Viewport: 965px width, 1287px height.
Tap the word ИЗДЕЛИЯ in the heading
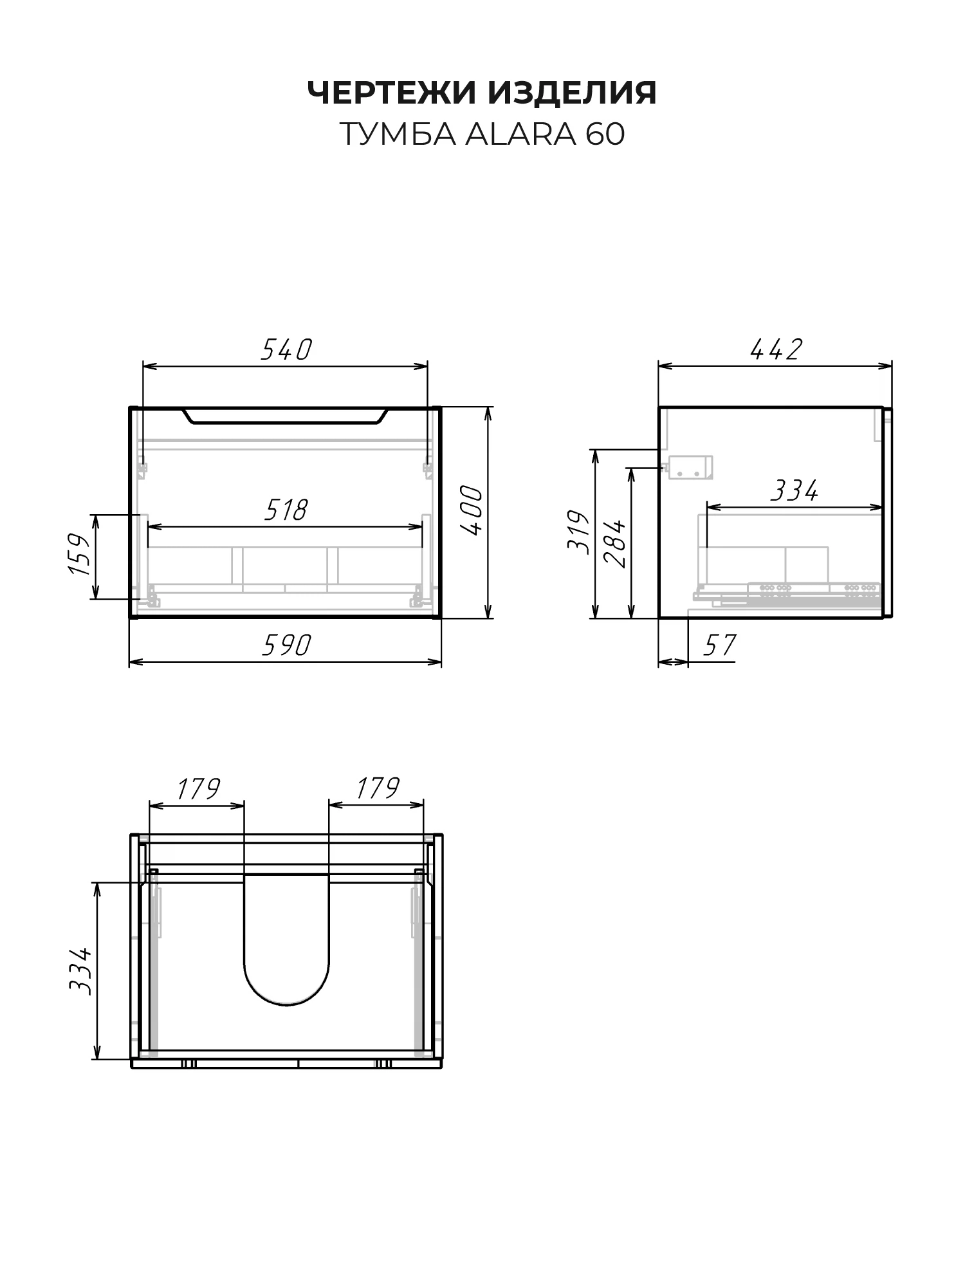click(x=573, y=94)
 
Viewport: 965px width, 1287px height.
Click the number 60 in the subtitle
click(x=605, y=134)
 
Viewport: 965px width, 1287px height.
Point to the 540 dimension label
click(x=286, y=349)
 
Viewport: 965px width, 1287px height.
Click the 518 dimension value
click(x=286, y=510)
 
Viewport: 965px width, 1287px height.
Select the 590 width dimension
click(x=286, y=645)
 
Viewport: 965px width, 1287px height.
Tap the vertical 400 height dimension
click(x=472, y=511)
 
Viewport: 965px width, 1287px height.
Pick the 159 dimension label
click(x=78, y=554)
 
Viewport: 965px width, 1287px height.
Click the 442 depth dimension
click(x=776, y=349)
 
